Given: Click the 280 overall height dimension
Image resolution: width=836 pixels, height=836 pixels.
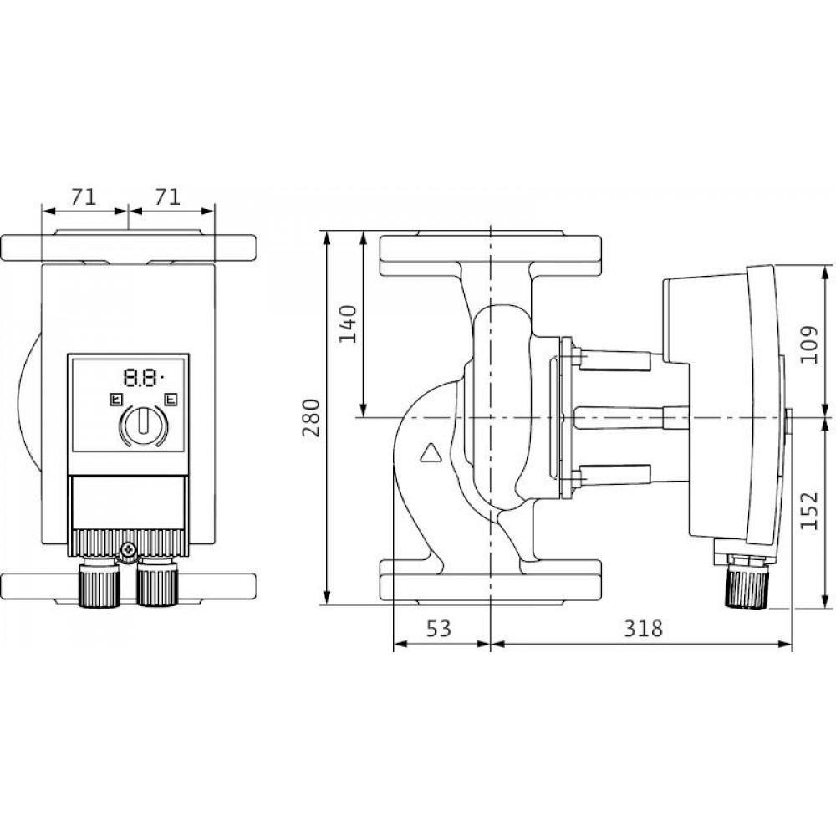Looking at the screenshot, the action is pos(311,418).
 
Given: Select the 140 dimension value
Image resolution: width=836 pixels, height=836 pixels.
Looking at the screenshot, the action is pos(348,324).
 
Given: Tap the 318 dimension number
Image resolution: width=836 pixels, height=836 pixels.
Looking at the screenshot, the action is pos(643,630).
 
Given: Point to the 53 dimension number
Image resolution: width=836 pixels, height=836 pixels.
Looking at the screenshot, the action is pos(439,630).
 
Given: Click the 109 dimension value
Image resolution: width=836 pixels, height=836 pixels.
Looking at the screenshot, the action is pos(809,344).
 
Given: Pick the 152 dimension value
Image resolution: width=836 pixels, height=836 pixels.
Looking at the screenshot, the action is pos(809,511).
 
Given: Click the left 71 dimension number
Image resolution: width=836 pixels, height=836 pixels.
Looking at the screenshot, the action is pos(84,197).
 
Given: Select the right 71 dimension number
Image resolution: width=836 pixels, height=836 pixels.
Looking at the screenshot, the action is pos(167,197).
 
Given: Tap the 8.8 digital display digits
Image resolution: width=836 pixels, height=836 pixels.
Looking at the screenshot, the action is pos(140,378).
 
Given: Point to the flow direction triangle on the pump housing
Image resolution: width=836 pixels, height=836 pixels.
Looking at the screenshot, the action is pos(431,452).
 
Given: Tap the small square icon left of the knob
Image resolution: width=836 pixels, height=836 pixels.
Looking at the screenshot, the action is pos(115,400).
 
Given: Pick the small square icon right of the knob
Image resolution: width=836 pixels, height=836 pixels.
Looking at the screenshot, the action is pos(171,400).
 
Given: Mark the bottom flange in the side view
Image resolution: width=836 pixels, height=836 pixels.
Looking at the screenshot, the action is pos(491,582).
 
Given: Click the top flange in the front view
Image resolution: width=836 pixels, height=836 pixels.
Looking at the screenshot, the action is pos(129,247).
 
